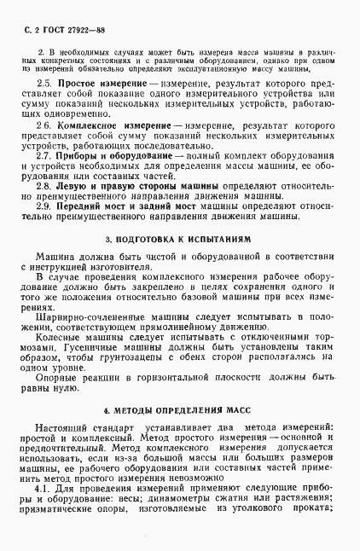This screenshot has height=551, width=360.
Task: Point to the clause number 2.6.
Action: point(46,125)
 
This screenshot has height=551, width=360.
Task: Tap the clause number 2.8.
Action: point(46,184)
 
